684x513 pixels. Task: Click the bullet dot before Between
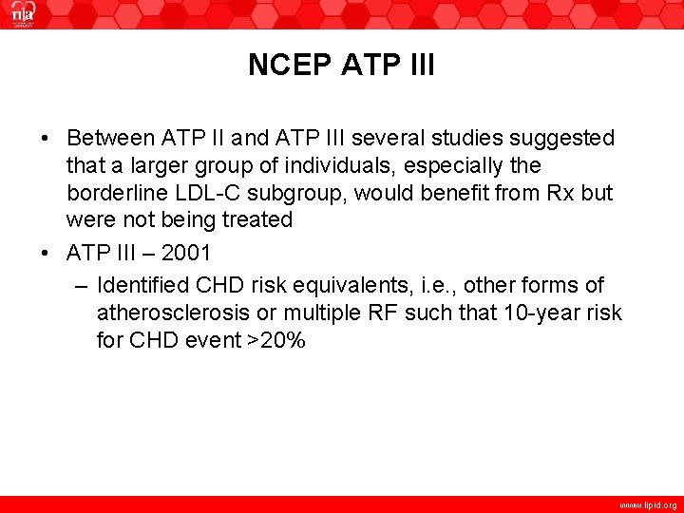(47, 140)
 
